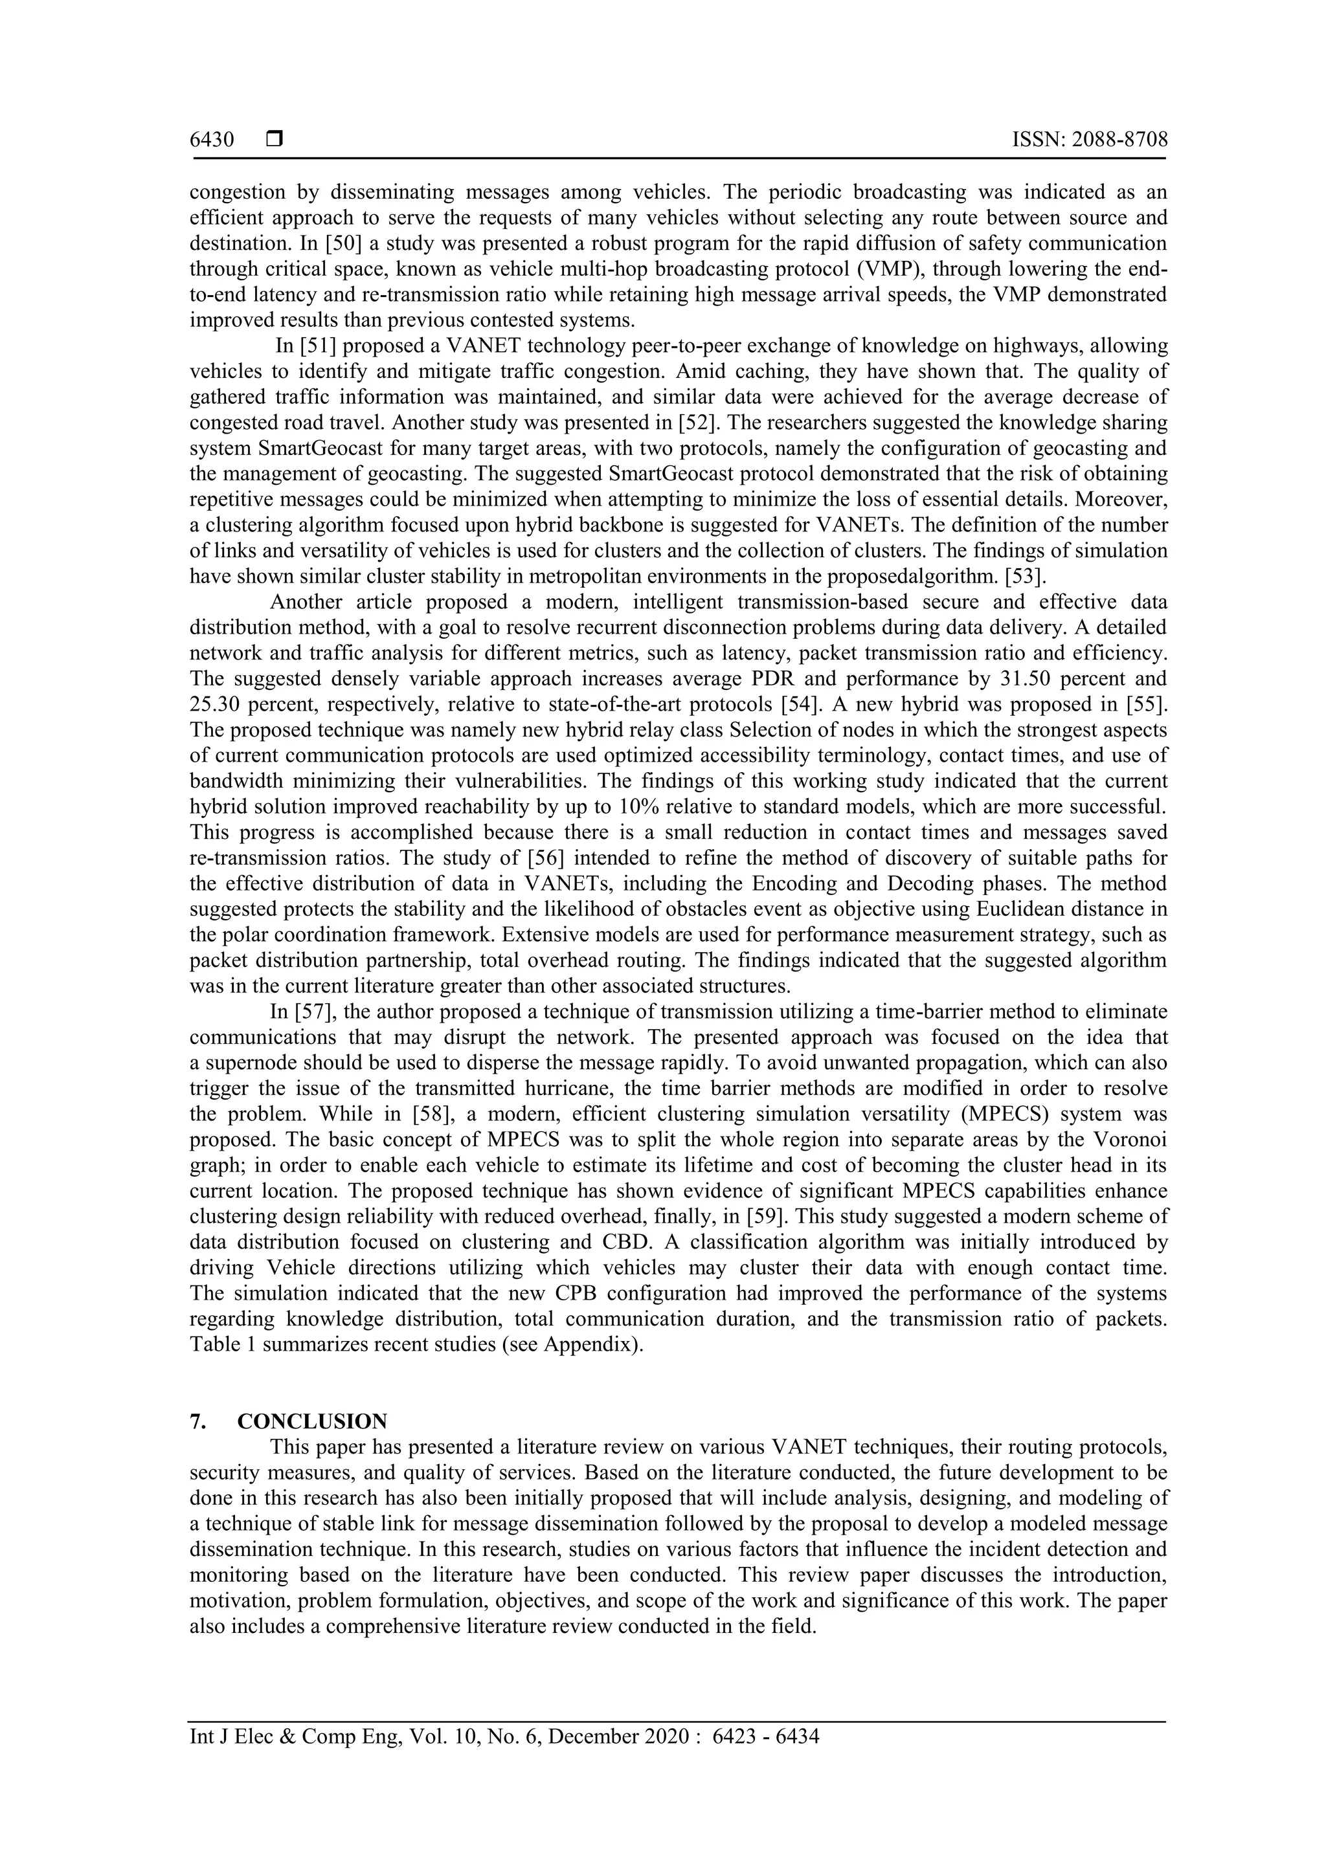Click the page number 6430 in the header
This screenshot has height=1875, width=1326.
pyautogui.click(x=212, y=140)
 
